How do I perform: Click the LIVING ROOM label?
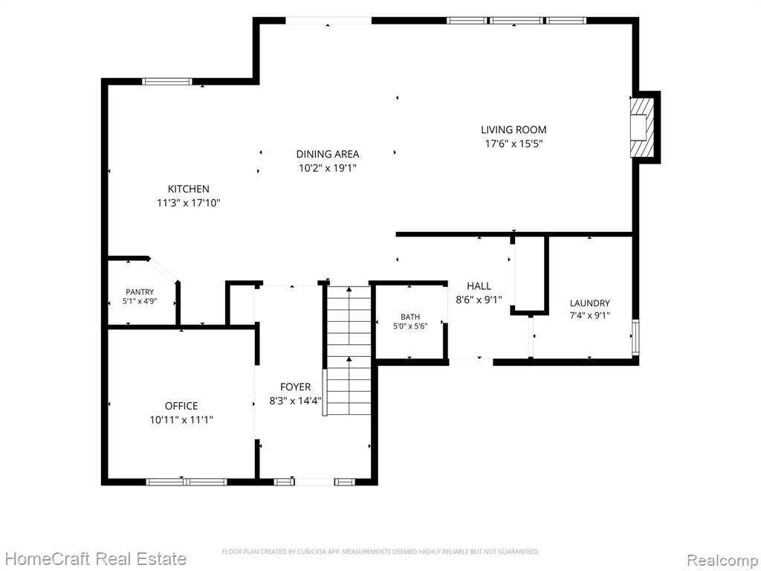coord(514,129)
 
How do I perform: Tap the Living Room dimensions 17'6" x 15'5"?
coord(514,143)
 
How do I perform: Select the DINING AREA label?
coord(328,155)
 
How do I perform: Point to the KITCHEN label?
coord(188,189)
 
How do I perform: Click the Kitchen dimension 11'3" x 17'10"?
coord(188,203)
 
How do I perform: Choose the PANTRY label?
coord(140,291)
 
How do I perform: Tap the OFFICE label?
coord(181,406)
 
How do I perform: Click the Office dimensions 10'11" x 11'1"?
coord(181,420)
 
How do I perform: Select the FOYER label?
coord(296,387)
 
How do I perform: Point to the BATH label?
coord(410,317)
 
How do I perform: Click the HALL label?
coord(479,286)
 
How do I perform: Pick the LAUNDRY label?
coord(589,303)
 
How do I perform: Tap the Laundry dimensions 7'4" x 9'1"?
coord(589,315)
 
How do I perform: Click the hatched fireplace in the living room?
coord(642,127)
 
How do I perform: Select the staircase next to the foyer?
coord(349,350)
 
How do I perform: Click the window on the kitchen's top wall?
coord(167,82)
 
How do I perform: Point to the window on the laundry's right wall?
coord(635,337)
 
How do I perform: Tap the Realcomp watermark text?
coord(723,560)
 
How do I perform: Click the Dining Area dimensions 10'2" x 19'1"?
coord(328,169)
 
